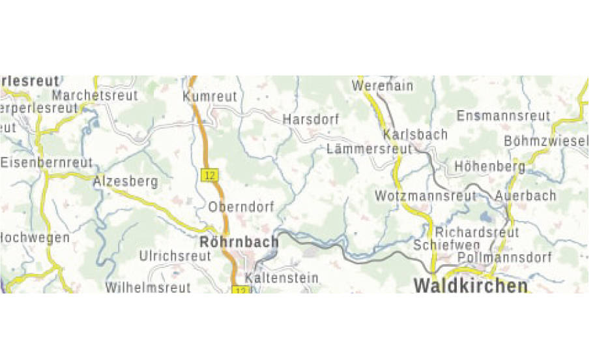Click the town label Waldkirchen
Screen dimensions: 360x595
pyautogui.click(x=471, y=286)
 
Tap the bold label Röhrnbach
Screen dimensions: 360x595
pyautogui.click(x=239, y=242)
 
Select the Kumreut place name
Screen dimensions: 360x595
pyautogui.click(x=210, y=97)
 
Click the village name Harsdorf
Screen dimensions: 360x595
pyautogui.click(x=311, y=120)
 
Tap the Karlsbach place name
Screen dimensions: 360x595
pyautogui.click(x=416, y=134)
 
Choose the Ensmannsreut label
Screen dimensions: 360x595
pyautogui.click(x=504, y=116)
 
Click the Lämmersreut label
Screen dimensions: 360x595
pyautogui.click(x=369, y=149)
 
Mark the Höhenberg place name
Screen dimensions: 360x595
pyautogui.click(x=489, y=166)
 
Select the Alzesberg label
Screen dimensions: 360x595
pyautogui.click(x=126, y=181)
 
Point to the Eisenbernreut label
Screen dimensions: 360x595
pyautogui.click(x=47, y=162)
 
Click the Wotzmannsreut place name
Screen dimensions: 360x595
pyautogui.click(x=426, y=196)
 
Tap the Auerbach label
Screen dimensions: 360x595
pyautogui.click(x=526, y=196)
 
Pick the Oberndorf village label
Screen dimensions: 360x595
pyautogui.click(x=242, y=207)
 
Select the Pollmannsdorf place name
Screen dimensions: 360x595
pyautogui.click(x=504, y=258)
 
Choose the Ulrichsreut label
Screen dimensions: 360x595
pyautogui.click(x=175, y=256)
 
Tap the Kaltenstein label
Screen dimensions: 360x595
pyautogui.click(x=282, y=278)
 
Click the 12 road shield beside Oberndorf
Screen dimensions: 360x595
pyautogui.click(x=209, y=175)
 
